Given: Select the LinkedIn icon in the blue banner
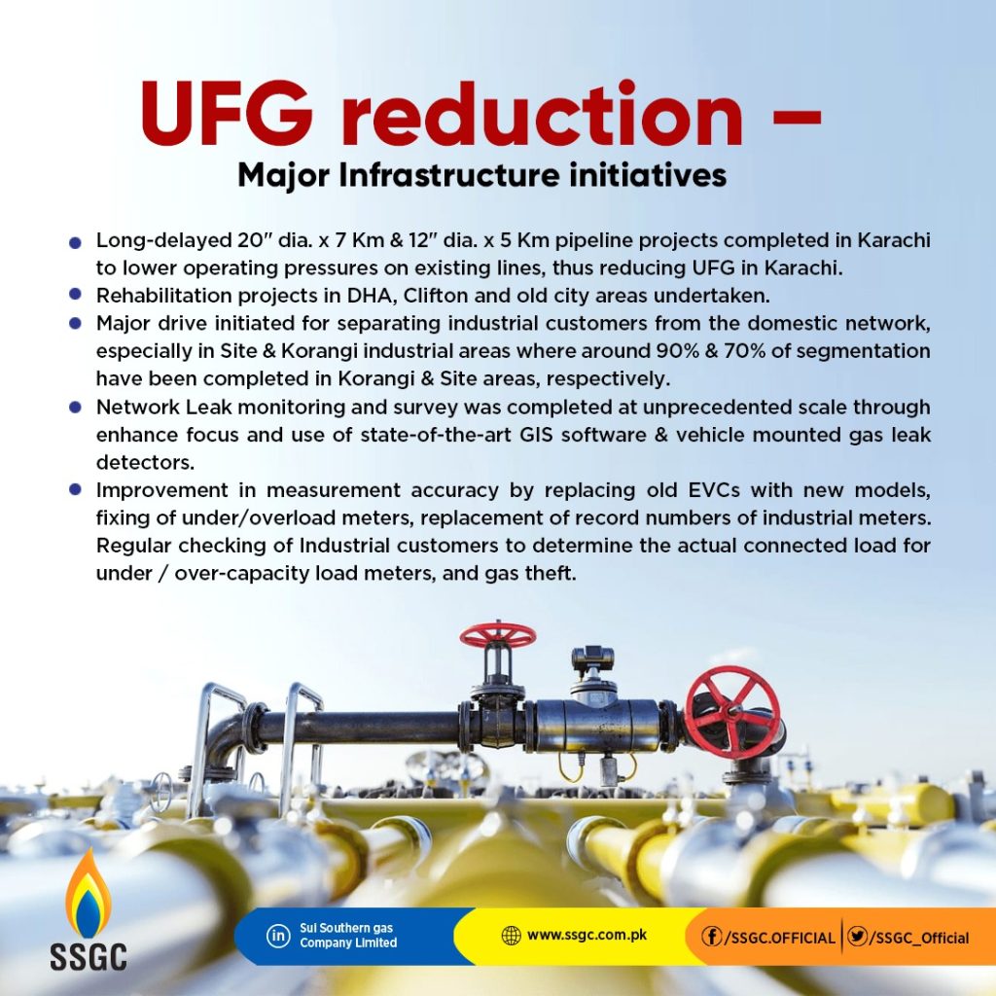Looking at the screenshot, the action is pos(278,936).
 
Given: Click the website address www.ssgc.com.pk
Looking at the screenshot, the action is pos(587,935).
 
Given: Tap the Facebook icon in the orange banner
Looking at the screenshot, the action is pos(712,937).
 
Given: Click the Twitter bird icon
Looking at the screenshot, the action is pos(858,937).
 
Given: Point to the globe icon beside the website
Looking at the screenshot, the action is pos(511,936).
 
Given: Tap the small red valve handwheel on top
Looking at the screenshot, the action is pos(498,634).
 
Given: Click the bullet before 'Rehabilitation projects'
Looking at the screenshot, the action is pos(76,294).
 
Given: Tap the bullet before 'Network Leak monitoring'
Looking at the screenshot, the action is pos(76,406).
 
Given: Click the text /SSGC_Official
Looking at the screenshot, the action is pos(919,938).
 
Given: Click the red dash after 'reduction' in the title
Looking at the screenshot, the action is pos(798,118).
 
